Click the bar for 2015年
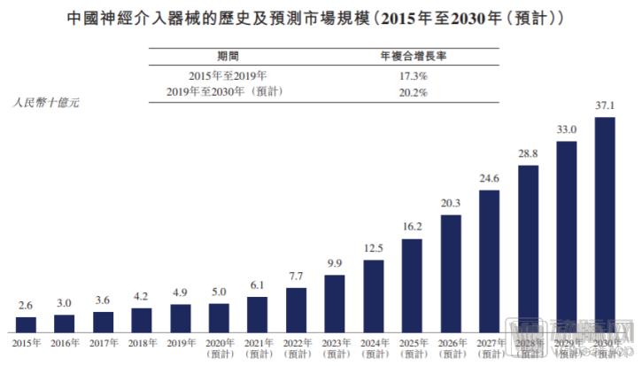pos(27,324)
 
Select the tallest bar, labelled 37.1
pos(605,225)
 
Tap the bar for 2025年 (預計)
pos(412,284)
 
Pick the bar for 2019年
pos(181,317)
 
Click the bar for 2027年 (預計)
pos(489,261)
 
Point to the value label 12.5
pos(374,248)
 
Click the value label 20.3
pos(451,204)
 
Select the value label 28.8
pos(528,154)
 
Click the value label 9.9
pos(335,264)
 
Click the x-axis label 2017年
pos(104,341)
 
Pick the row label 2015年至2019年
pos(227,77)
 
